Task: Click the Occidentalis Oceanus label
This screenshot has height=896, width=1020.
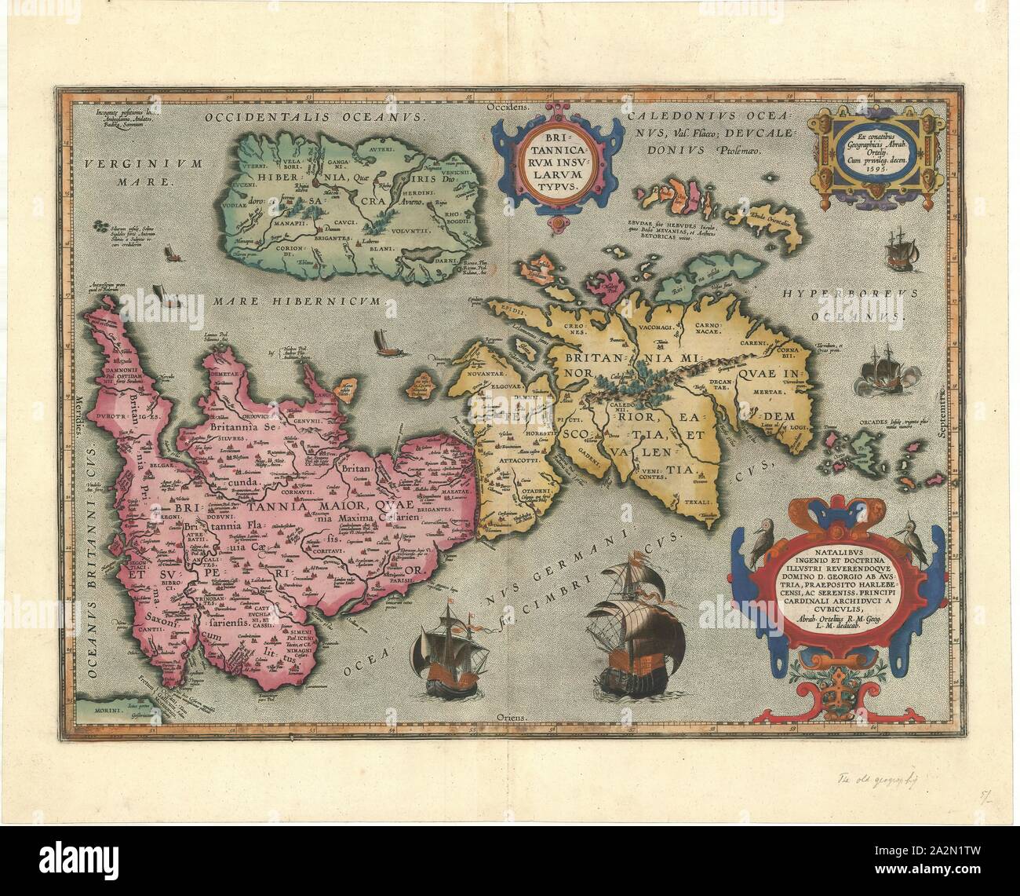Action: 314,118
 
